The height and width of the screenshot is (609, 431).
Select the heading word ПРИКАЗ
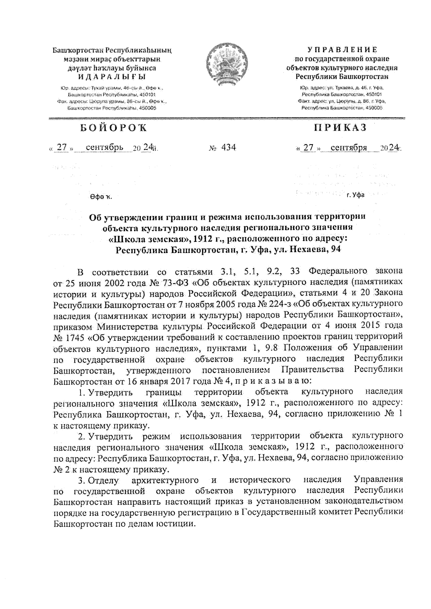point(341,128)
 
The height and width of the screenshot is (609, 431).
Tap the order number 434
point(228,147)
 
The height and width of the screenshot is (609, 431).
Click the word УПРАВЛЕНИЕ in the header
point(341,50)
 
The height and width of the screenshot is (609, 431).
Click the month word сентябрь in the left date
point(105,147)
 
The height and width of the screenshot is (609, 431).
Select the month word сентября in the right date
point(349,147)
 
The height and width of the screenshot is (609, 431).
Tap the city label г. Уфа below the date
point(355,195)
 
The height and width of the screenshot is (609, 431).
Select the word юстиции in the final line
point(179,524)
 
